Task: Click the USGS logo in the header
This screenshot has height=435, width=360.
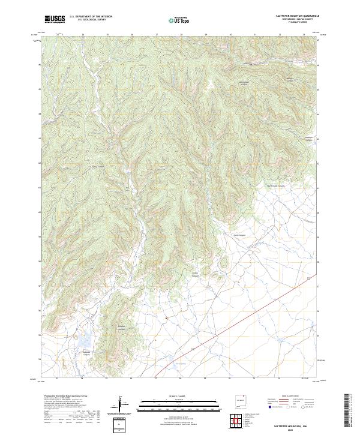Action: pos(55,19)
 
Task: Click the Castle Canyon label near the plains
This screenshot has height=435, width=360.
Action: pos(240,235)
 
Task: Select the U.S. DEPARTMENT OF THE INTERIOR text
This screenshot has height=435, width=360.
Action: pos(91,16)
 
